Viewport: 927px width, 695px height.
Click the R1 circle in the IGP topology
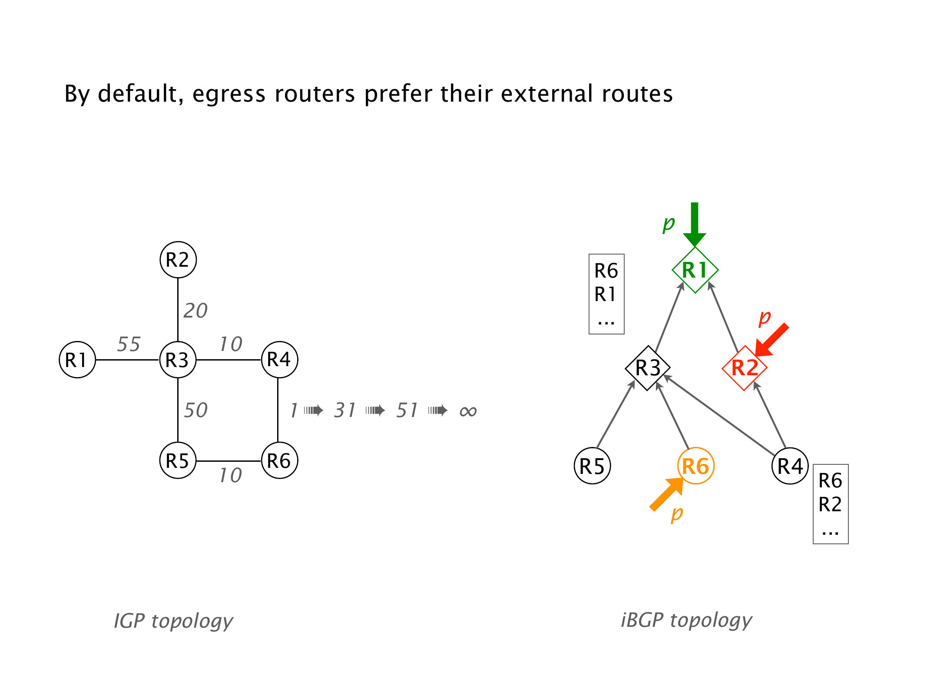[x=77, y=360]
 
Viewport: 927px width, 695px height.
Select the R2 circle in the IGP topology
[x=178, y=260]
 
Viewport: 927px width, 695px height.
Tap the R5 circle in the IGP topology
[x=178, y=460]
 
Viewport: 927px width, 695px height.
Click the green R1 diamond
[x=695, y=270]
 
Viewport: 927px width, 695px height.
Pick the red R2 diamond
[x=745, y=368]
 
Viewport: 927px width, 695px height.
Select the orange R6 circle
[x=695, y=466]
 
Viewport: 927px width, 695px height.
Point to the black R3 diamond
[x=648, y=368]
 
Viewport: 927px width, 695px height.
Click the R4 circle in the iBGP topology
[x=790, y=466]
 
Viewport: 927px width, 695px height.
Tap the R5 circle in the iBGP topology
[x=593, y=466]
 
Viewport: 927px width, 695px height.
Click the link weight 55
[x=129, y=344]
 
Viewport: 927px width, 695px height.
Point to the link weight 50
[x=195, y=410]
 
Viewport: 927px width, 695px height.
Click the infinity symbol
[x=468, y=411]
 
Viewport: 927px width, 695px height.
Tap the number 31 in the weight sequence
[x=345, y=410]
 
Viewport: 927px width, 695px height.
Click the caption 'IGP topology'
[x=173, y=621]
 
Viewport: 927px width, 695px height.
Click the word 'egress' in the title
[x=228, y=94]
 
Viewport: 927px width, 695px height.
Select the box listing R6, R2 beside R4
[x=831, y=504]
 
